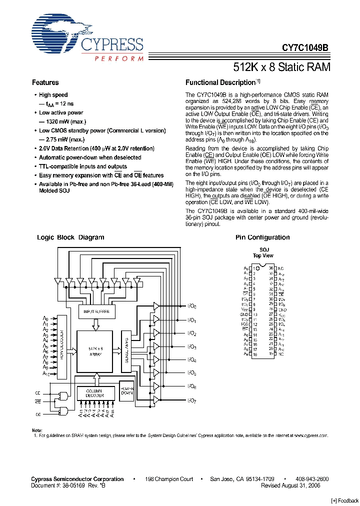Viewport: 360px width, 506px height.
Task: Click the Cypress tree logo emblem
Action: coord(55,34)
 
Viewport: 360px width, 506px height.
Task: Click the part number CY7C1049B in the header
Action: coord(305,48)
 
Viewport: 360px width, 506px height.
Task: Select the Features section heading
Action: coord(45,82)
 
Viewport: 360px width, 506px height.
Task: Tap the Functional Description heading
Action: coord(220,82)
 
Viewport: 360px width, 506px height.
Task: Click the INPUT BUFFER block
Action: coord(97,312)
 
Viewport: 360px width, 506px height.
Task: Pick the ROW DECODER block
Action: coord(62,346)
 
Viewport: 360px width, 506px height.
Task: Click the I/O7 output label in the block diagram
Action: coord(191,400)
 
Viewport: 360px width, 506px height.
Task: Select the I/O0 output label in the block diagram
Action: coord(191,306)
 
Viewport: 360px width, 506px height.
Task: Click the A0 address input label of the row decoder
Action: coord(45,318)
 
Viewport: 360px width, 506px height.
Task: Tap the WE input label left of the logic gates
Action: coord(37,401)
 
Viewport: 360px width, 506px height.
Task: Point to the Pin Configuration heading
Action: coord(262,237)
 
